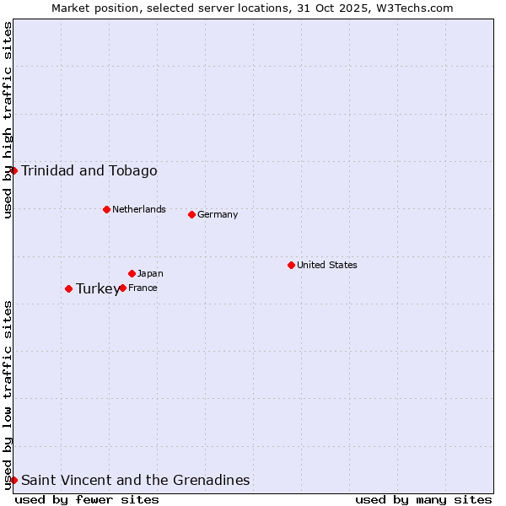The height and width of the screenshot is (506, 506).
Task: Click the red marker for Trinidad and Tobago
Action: tap(13, 170)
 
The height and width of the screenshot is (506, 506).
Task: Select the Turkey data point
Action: tap(68, 288)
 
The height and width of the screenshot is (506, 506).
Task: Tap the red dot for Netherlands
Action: tap(106, 209)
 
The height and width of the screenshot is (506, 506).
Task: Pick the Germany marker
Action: tap(191, 214)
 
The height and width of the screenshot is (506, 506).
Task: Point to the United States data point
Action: tap(291, 265)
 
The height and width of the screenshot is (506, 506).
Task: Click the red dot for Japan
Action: tap(132, 273)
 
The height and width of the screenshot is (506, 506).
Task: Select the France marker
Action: tap(122, 288)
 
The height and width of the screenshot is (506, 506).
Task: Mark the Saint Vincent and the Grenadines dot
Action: tap(13, 480)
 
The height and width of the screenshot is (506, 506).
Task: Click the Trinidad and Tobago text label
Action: tap(89, 171)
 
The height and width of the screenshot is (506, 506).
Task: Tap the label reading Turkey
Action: tap(98, 289)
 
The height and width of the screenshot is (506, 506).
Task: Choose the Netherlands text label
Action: tap(139, 209)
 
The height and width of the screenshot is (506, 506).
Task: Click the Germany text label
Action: tap(218, 214)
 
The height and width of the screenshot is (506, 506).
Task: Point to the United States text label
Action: tap(327, 265)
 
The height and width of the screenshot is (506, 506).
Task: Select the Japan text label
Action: tap(150, 273)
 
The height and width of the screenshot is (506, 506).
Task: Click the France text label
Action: tap(143, 288)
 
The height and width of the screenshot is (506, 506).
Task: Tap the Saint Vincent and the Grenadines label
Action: tap(136, 481)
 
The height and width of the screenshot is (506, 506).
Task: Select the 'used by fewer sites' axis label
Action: tap(87, 499)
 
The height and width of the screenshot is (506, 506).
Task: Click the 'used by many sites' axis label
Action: tap(423, 499)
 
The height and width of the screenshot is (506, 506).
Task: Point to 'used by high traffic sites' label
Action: tap(8, 120)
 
